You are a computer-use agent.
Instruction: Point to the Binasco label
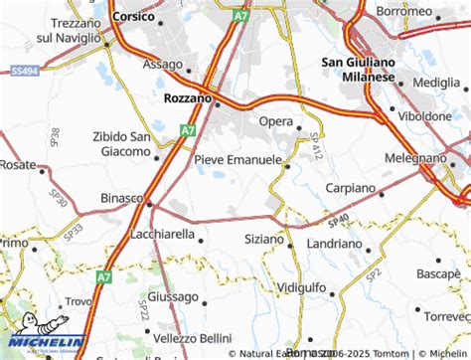click(122, 198)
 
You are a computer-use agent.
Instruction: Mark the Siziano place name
click(263, 240)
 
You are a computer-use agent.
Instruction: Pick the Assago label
click(163, 65)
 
